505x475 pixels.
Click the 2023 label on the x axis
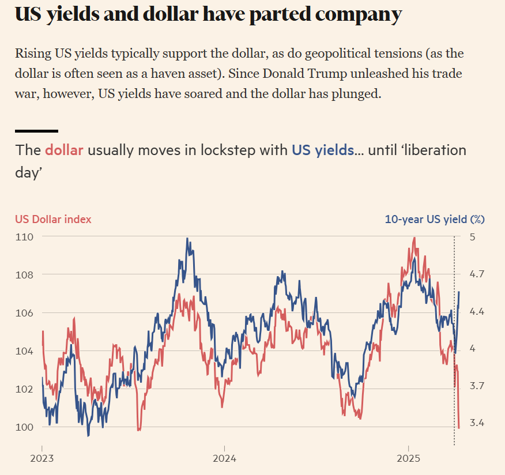tap(42, 459)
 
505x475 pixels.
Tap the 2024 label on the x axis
tap(224, 459)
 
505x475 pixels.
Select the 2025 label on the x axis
tap(408, 459)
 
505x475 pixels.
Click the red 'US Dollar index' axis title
tap(53, 219)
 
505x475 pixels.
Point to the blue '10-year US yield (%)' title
tap(435, 219)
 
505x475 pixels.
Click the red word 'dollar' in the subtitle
tap(64, 150)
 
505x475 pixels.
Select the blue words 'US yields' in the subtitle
tap(323, 150)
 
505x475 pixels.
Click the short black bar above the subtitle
tap(36, 131)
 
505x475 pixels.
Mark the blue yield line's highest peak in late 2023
tap(187, 238)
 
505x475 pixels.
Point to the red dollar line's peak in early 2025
tap(414, 238)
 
